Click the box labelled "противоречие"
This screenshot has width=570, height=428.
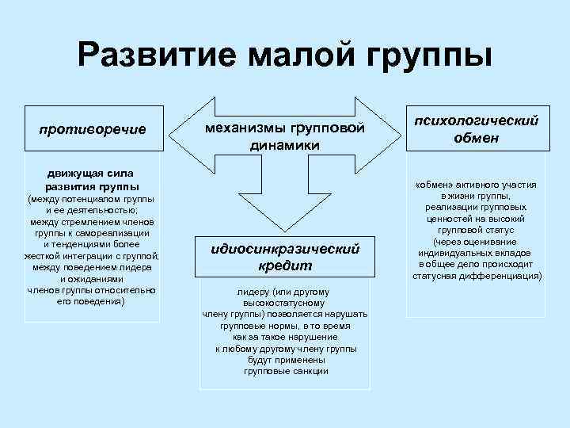click(x=93, y=129)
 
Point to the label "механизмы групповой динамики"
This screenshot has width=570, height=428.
click(x=284, y=136)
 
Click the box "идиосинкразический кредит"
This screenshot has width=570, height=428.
click(x=284, y=256)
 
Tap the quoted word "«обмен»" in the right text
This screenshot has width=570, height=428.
click(x=432, y=185)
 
